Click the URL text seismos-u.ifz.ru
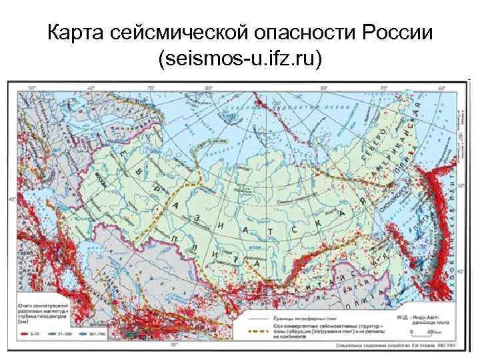[240, 61]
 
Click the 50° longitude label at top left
[31, 88]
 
